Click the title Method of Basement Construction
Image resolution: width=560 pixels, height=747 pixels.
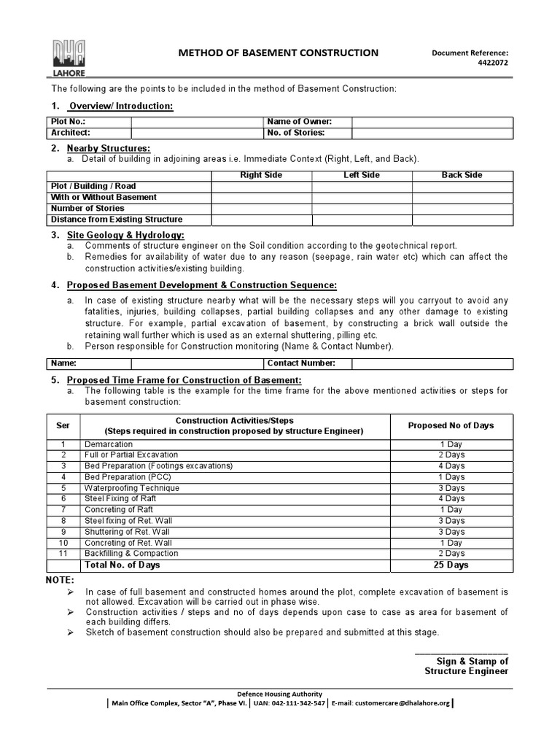point(279,53)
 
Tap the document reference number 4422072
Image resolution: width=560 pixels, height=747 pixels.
point(492,63)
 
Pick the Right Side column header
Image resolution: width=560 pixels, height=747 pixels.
point(261,175)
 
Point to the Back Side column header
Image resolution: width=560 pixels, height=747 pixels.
point(462,175)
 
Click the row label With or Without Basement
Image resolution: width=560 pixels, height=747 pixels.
point(104,197)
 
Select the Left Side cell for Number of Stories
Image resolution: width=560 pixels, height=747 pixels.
point(362,209)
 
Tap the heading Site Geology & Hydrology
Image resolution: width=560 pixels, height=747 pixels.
point(125,235)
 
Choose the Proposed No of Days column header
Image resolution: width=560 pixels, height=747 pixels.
point(451,425)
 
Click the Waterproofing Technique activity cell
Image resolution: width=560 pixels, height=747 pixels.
point(132,488)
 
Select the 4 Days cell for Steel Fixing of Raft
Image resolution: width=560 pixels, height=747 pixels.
point(451,499)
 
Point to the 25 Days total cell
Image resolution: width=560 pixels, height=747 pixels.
point(451,565)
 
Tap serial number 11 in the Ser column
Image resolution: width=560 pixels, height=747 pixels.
point(63,554)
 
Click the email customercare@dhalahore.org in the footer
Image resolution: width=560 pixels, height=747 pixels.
point(394,704)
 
